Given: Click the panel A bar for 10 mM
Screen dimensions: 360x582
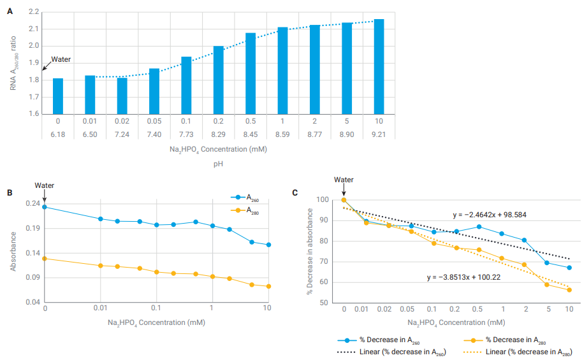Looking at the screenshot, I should [379, 67].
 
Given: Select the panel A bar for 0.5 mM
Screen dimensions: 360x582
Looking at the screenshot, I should [251, 73].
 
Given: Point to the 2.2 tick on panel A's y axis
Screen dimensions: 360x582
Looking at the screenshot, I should [34, 12].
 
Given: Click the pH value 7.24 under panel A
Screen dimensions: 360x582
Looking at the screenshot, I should [122, 134].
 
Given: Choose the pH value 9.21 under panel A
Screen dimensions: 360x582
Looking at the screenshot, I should [379, 134].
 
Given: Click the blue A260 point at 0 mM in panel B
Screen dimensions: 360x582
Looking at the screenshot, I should [45, 207].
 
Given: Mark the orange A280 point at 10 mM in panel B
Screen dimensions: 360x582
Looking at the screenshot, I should [269, 286].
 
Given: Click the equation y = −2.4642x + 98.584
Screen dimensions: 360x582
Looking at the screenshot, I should [490, 215].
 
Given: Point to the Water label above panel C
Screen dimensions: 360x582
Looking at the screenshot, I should [344, 180].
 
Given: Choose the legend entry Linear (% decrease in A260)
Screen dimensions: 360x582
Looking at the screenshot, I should [389, 352].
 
